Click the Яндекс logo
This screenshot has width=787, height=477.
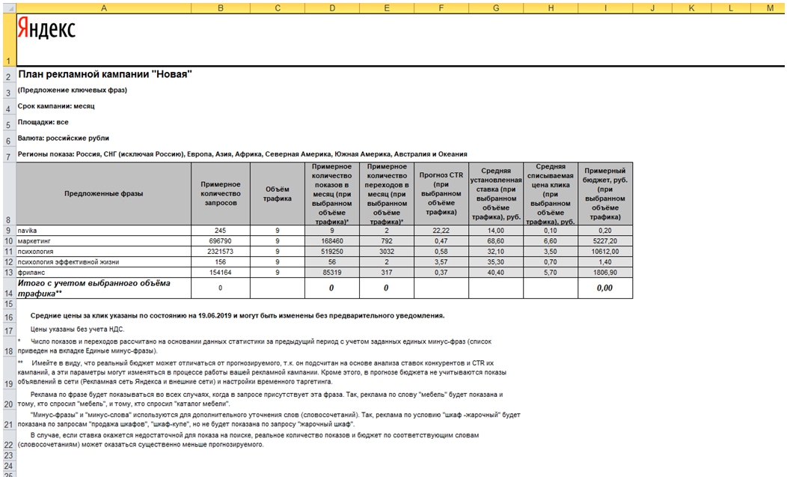(x=46, y=29)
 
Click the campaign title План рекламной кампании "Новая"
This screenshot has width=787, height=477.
(x=105, y=74)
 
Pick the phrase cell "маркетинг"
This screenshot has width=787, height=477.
(x=36, y=241)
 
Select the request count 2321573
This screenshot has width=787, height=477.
(x=220, y=252)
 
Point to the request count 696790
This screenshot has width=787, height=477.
(x=220, y=241)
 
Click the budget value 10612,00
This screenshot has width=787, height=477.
(x=605, y=252)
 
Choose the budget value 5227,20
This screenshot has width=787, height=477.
(x=605, y=241)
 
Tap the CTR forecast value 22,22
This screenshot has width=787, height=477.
(x=441, y=231)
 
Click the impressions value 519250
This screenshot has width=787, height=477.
(x=331, y=252)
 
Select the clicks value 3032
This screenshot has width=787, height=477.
(x=387, y=252)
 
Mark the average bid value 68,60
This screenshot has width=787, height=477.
(x=496, y=241)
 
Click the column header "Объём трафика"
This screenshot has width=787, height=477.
(x=278, y=193)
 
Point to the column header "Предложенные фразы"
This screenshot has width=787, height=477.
(x=103, y=193)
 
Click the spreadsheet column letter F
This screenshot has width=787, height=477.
(x=441, y=7)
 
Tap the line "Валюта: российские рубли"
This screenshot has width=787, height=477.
(x=64, y=138)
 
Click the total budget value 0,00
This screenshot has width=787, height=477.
(x=605, y=288)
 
